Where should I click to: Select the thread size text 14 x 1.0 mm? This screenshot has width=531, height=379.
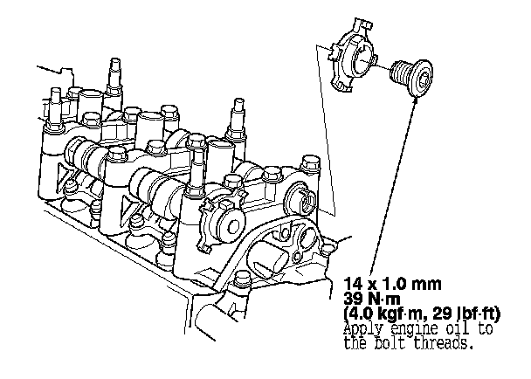click(x=392, y=284)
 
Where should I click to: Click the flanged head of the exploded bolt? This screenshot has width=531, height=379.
click(x=421, y=79)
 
